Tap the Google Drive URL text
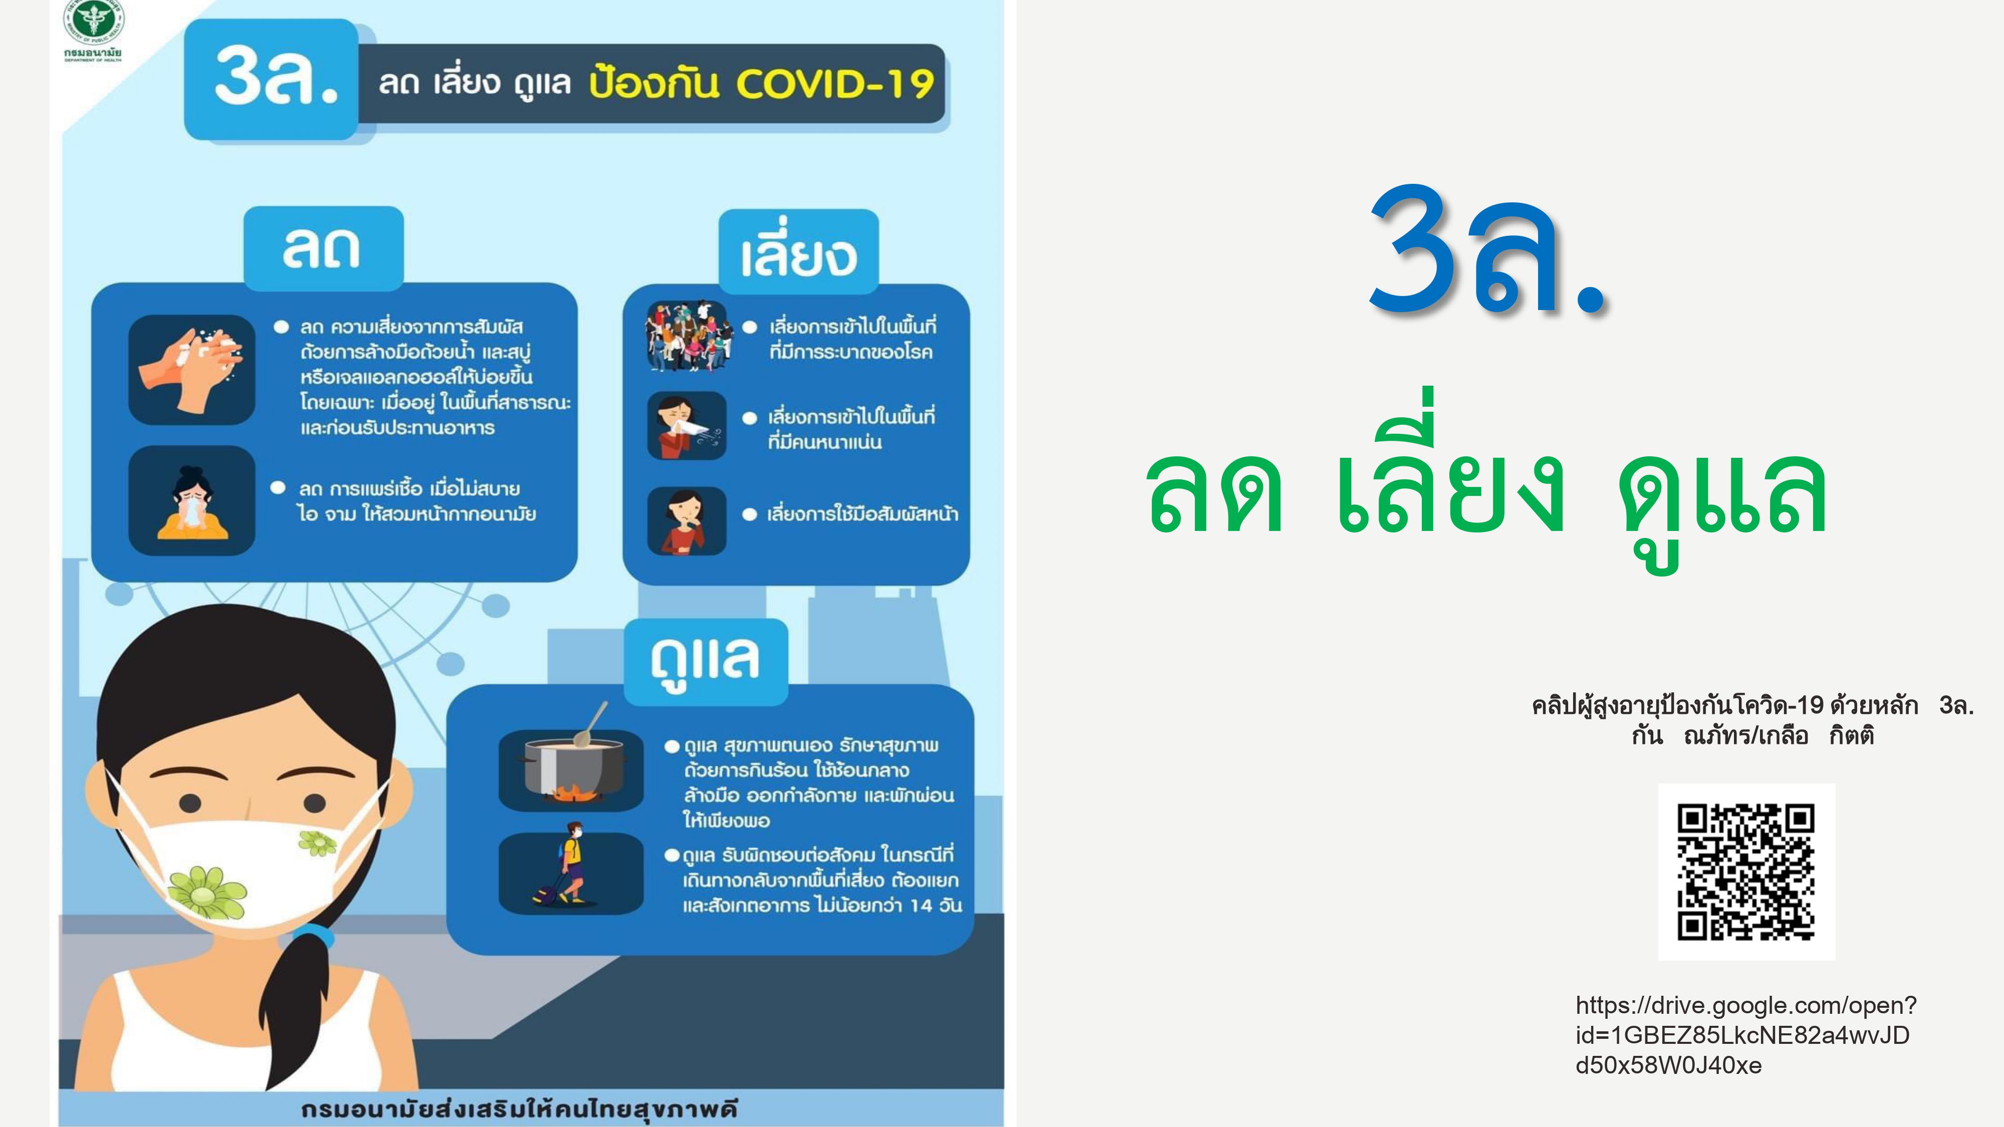click(x=1745, y=1035)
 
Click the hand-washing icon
click(x=191, y=370)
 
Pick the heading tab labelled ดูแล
click(x=705, y=662)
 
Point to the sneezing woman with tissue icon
click(x=687, y=425)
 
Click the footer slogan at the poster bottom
click(x=519, y=1109)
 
